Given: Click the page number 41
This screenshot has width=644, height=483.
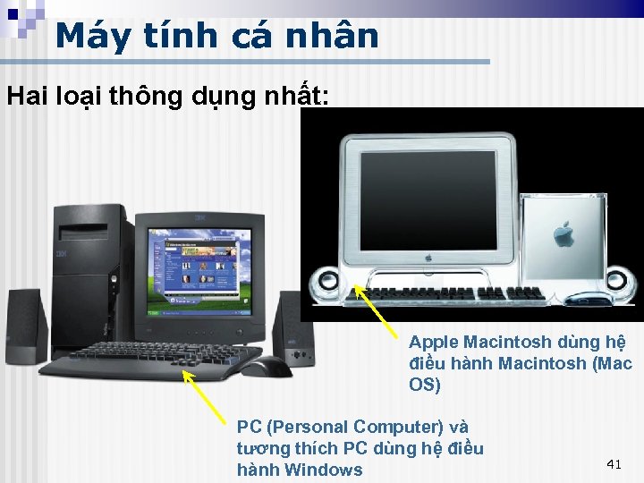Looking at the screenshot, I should tap(614, 463).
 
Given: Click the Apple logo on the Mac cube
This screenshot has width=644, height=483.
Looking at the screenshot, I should tap(563, 235).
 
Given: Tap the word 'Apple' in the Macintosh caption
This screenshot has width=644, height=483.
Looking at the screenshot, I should tap(433, 342).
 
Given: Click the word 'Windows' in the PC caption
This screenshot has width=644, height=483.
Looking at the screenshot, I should tap(323, 470).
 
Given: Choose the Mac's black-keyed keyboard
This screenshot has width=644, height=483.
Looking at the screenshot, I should tap(456, 292).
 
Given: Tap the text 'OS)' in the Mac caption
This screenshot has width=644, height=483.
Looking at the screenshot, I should tap(425, 385).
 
